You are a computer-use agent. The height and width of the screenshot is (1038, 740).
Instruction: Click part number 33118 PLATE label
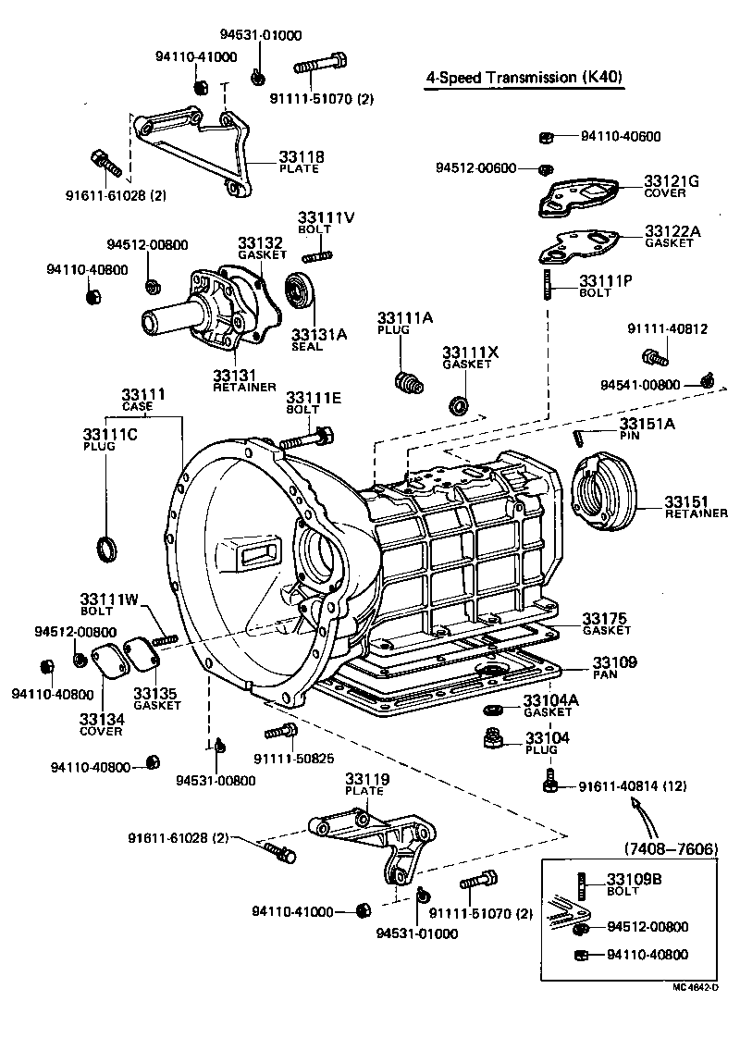[x=302, y=162]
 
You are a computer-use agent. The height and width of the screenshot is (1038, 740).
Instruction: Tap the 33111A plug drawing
[x=406, y=380]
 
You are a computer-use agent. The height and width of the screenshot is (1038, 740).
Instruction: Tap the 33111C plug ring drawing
[x=108, y=548]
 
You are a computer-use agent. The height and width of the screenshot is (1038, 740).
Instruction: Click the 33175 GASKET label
[x=606, y=623]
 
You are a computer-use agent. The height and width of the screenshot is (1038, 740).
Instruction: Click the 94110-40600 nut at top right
[x=546, y=137]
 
